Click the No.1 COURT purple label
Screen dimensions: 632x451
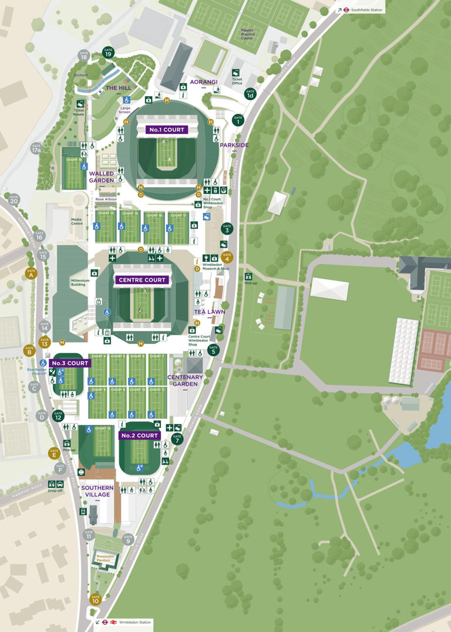(x=167, y=130)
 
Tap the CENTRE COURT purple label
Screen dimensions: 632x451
(x=143, y=280)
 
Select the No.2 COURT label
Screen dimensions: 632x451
(x=140, y=435)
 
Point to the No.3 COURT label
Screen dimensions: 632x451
(x=70, y=363)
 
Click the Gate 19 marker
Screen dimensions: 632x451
(x=108, y=52)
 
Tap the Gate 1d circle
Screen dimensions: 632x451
(x=250, y=93)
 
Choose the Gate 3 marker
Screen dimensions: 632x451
(x=227, y=229)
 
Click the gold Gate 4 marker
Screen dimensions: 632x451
(x=227, y=256)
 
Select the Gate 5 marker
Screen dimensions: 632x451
(x=213, y=350)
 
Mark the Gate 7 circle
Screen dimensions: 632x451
(x=177, y=439)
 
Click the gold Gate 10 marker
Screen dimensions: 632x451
(x=95, y=600)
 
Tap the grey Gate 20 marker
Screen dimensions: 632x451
(x=14, y=199)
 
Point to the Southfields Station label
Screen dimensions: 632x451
(x=368, y=10)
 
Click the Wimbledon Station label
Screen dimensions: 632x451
(x=135, y=622)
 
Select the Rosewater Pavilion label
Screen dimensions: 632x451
(x=104, y=558)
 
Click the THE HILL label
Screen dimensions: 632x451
(x=118, y=88)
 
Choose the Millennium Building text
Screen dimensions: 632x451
(x=80, y=283)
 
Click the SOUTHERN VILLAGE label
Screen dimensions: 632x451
(x=97, y=491)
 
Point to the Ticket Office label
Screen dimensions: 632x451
(x=237, y=81)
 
